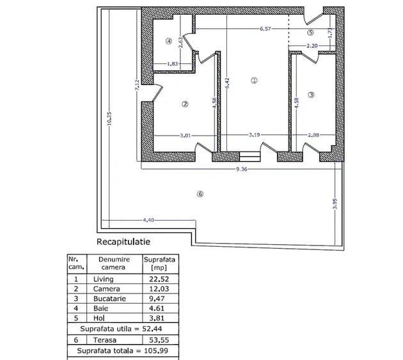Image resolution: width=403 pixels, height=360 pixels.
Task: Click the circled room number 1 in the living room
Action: pos(254,81)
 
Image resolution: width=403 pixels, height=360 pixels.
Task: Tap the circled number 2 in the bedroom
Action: pos(184,104)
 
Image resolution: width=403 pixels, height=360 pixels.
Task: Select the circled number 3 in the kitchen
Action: pos(312,95)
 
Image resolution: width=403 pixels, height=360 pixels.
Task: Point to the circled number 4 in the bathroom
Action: pos(168,40)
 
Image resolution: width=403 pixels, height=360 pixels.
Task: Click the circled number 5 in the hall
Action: pos(311,32)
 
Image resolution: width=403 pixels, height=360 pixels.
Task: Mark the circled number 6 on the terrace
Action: pos(200,194)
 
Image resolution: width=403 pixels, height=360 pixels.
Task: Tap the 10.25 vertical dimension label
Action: pos(109,120)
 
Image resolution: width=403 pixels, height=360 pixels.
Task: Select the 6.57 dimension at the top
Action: pos(266,29)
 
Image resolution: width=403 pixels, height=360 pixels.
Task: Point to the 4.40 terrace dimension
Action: pos(148,221)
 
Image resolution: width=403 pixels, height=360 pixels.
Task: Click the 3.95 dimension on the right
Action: pos(335,203)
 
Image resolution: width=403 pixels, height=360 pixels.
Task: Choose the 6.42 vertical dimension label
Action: pos(228,82)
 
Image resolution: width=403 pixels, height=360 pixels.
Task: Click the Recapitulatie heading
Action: pos(123,242)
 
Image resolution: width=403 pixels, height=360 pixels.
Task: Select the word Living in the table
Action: pos(103,279)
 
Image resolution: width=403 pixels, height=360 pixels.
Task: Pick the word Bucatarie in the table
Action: pos(108,298)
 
